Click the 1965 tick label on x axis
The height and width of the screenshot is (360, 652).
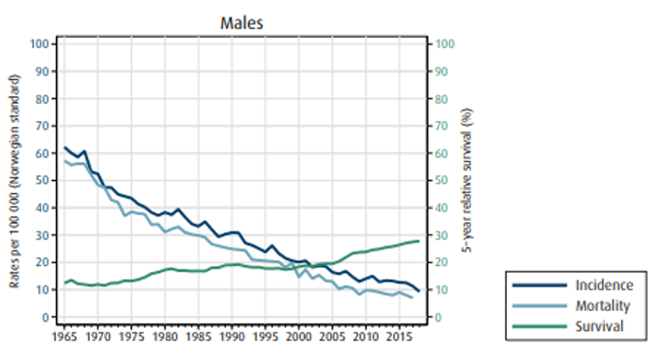point(64,333)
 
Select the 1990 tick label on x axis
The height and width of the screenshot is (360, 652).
point(231,333)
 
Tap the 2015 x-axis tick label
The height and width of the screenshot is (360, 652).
point(398,333)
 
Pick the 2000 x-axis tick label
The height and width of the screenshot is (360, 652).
point(298,333)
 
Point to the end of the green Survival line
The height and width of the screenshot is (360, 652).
point(419,241)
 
